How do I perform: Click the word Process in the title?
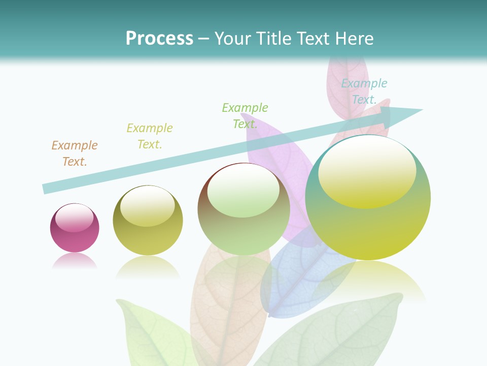[159, 38]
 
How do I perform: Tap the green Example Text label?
[245, 116]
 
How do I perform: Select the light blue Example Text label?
[364, 91]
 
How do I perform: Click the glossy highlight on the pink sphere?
[74, 218]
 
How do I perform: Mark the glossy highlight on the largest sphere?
[367, 173]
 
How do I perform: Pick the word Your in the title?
[233, 38]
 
